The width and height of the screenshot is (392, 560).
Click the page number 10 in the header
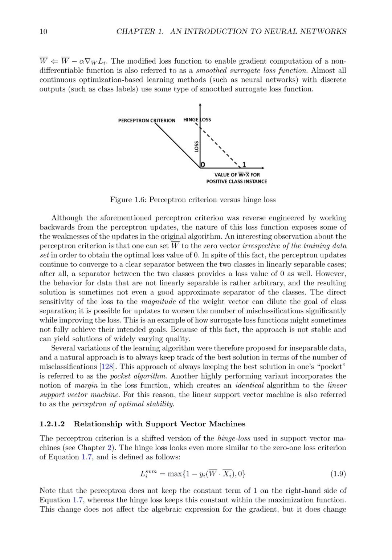(43, 32)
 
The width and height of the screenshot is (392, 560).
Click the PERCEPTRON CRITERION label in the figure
(146, 121)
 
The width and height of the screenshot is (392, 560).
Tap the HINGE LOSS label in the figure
(197, 119)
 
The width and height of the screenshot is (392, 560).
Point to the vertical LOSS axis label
(196, 147)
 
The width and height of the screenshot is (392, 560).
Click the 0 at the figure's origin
(203, 165)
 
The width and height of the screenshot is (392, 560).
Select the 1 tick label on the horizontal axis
(244, 165)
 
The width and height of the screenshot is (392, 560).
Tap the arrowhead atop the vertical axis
(200, 105)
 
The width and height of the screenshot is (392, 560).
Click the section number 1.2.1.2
(52, 424)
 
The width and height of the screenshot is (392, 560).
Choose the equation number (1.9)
(338, 474)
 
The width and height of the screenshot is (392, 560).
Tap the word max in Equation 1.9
(175, 474)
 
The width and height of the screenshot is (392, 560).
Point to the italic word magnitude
(158, 302)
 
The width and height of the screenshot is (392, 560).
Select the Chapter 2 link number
(109, 447)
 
